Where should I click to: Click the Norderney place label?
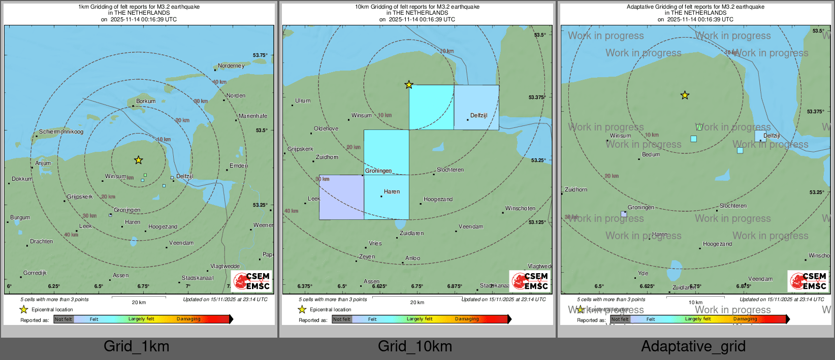pyautogui.click(x=231, y=66)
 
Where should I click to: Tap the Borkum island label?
pyautogui.click(x=146, y=102)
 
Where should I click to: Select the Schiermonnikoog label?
pyautogui.click(x=61, y=132)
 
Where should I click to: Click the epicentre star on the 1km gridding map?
pyautogui.click(x=138, y=160)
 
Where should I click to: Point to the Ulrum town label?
pyautogui.click(x=303, y=101)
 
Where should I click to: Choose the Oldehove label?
pyautogui.click(x=326, y=129)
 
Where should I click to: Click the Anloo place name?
pyautogui.click(x=412, y=258)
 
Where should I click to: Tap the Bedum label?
pyautogui.click(x=651, y=155)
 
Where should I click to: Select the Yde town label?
pyautogui.click(x=643, y=274)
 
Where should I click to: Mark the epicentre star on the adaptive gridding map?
pyautogui.click(x=685, y=95)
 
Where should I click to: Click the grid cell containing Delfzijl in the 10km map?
pyautogui.click(x=476, y=107)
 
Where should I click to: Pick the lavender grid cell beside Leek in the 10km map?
pyautogui.click(x=341, y=197)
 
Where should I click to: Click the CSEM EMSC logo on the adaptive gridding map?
pyautogui.click(x=808, y=281)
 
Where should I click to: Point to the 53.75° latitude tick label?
pyautogui.click(x=260, y=55)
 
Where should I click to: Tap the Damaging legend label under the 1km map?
pyautogui.click(x=188, y=319)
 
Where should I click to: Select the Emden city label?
pyautogui.click(x=239, y=166)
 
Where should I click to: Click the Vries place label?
pyautogui.click(x=375, y=244)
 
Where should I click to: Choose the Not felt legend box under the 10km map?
pyautogui.click(x=342, y=319)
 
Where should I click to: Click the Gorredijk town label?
pyautogui.click(x=35, y=273)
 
